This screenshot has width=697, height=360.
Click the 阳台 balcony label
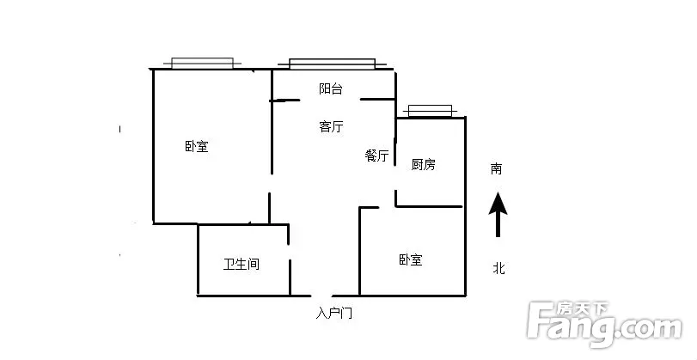point(331,88)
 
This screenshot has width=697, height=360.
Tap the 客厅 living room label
point(331,126)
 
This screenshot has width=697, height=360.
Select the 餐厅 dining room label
point(377,156)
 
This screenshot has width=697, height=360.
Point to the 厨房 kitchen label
point(423,164)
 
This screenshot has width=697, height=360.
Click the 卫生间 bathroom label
point(242,265)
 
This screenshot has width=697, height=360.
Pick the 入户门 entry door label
point(334,314)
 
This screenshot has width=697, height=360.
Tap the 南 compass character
point(497,169)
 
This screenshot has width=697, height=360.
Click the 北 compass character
point(498,268)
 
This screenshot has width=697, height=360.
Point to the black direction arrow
point(498,215)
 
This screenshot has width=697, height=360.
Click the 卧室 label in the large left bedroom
point(197,146)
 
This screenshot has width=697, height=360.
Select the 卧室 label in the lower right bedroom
point(410,259)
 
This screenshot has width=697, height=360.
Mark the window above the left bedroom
point(202,63)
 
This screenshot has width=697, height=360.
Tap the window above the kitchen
point(431,111)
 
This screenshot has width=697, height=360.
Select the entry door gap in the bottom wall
point(321,296)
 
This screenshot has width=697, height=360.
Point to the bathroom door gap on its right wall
point(290,253)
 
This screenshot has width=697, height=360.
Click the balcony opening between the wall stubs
point(330,100)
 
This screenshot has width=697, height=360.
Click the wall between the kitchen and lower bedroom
point(429,206)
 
